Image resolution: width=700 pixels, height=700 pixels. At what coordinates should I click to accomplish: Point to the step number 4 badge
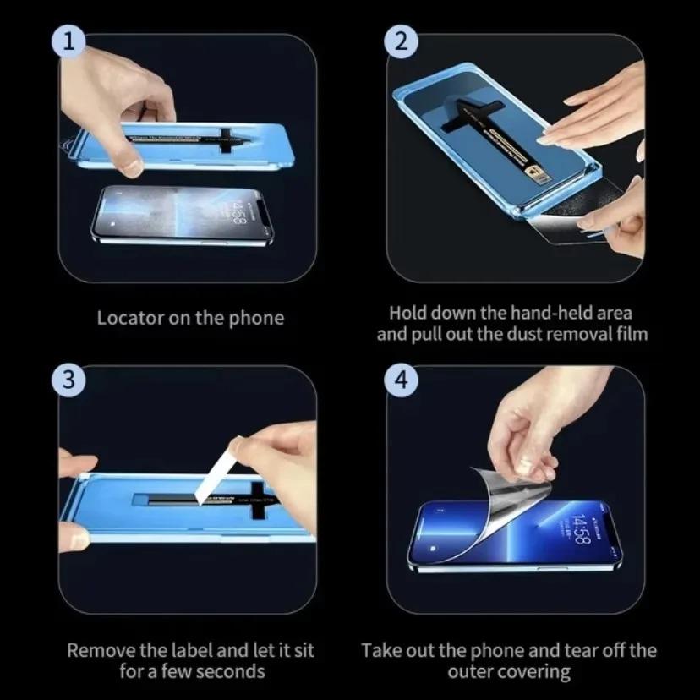[x=401, y=380]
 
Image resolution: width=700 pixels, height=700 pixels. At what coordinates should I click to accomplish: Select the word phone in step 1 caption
[x=258, y=319]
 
